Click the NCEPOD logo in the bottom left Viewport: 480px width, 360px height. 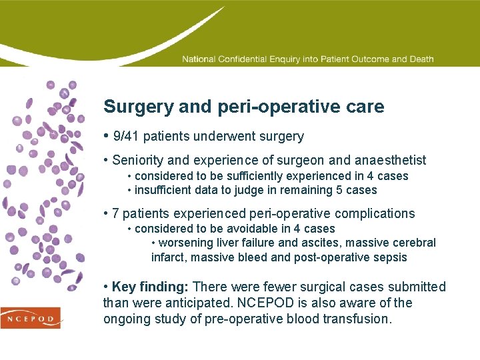point(30,318)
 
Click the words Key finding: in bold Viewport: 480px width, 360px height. point(151,287)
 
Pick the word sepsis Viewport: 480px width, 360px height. point(390,257)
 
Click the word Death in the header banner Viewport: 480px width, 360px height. point(421,59)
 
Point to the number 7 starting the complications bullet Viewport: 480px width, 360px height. point(116,214)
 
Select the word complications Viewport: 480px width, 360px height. point(375,214)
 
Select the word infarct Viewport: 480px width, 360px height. point(167,257)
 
